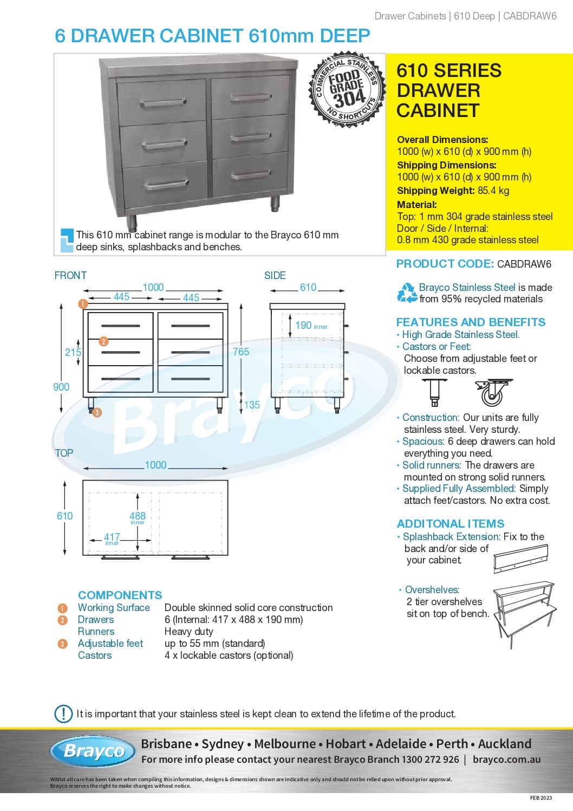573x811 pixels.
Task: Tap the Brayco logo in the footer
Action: pos(93,751)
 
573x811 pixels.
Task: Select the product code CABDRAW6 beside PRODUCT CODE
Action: pos(524,264)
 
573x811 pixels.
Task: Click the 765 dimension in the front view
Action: pos(241,352)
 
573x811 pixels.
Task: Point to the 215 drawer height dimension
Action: pos(73,352)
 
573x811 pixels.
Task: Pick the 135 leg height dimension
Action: pos(252,405)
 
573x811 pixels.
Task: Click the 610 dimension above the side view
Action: pos(308,288)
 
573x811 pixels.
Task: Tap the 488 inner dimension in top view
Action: pos(138,516)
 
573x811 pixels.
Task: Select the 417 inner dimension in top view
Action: pos(112,537)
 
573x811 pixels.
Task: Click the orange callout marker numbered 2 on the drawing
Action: pos(103,341)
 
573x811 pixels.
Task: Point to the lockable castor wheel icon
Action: pos(492,393)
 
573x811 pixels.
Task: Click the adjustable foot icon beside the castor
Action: pos(435,393)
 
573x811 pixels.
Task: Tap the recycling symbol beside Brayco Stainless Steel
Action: pos(407,293)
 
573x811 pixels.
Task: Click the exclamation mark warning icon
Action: pos(63,713)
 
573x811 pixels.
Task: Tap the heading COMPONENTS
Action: pos(120,595)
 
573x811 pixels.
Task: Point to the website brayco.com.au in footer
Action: pos(506,760)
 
